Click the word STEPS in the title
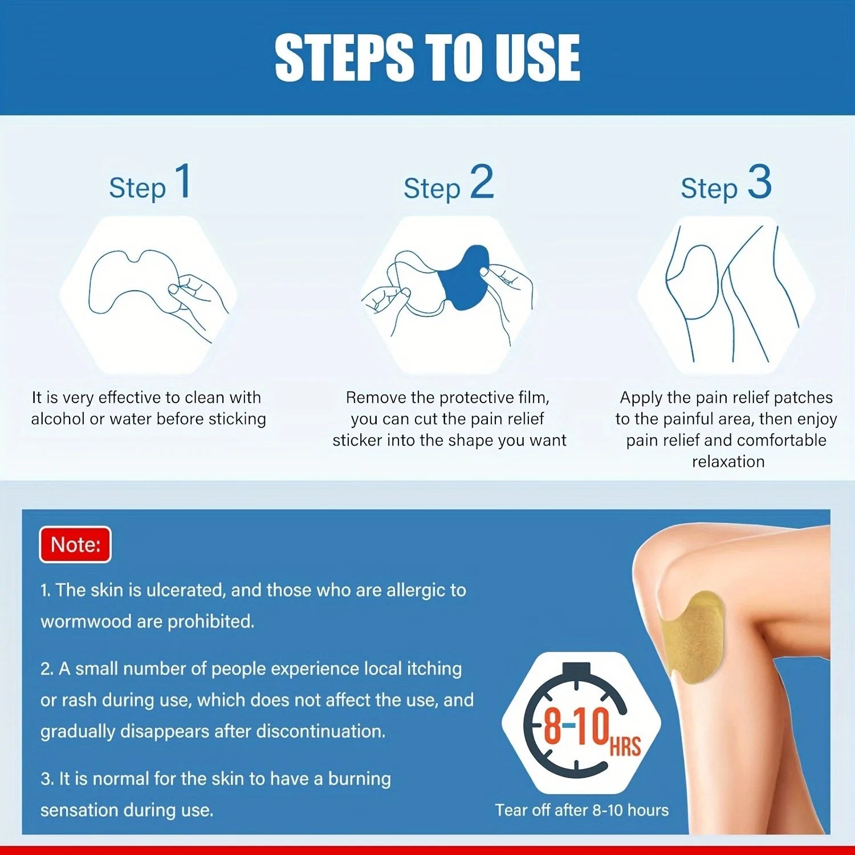point(345,57)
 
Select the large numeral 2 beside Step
point(482,182)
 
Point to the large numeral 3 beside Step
point(759,182)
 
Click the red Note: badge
point(75,545)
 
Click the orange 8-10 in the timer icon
point(576,727)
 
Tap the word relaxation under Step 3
point(728,462)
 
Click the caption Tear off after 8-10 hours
point(581,810)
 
